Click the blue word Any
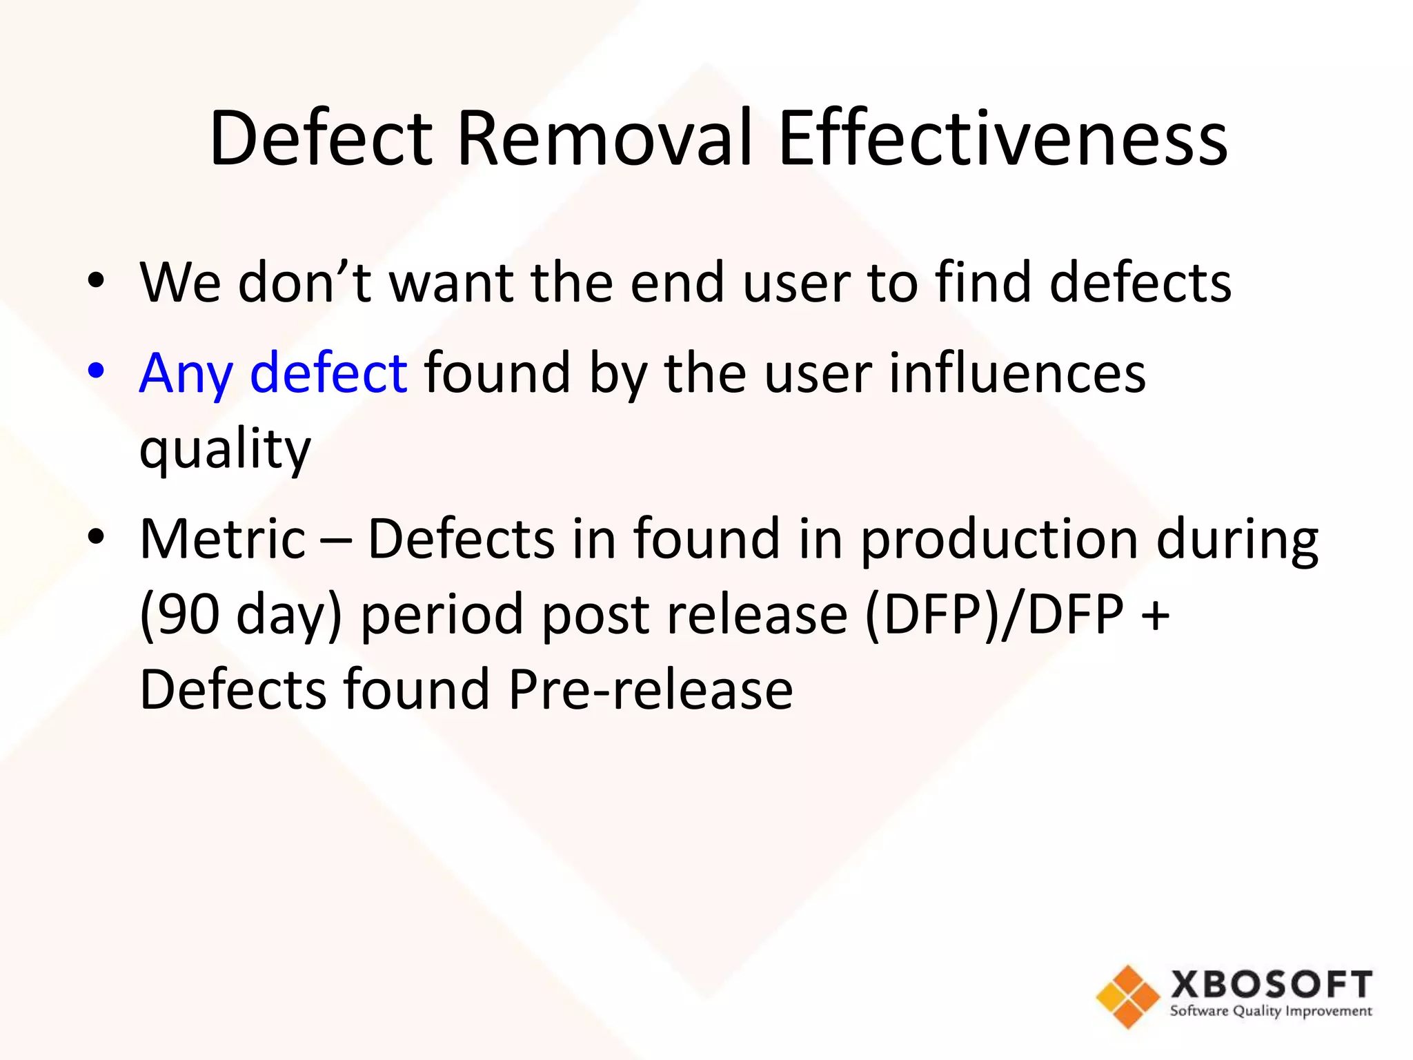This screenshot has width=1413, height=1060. coord(186,374)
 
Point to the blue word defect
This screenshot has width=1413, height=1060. coord(328,373)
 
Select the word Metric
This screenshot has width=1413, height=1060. coord(222,538)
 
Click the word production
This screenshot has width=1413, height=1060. coord(999,540)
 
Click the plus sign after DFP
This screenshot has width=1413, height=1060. coord(1155,614)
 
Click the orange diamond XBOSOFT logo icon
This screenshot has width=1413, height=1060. coord(1127,997)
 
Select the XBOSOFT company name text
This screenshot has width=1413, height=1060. coord(1271,984)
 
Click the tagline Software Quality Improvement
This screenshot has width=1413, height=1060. coord(1271,1012)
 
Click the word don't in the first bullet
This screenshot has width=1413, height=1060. coord(304,282)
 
